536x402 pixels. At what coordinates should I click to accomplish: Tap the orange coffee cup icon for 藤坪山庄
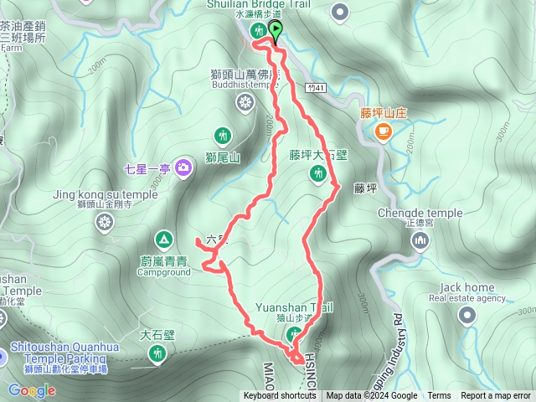[x=383, y=130]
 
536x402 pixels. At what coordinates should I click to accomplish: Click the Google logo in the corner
[x=32, y=390]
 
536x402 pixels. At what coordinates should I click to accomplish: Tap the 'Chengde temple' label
[x=420, y=213]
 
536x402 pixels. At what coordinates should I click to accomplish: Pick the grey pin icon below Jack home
[x=466, y=315]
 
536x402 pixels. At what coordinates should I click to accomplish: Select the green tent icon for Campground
[x=163, y=240]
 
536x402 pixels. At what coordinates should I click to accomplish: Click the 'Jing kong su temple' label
[x=105, y=194]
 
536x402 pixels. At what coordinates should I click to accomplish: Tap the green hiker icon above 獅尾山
[x=222, y=135]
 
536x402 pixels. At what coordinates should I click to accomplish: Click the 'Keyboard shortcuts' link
[x=280, y=395]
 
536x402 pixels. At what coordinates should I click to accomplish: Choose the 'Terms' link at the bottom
[x=439, y=395]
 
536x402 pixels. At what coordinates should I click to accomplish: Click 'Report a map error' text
[x=496, y=395]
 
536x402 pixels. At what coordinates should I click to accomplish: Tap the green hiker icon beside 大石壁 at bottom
[x=157, y=354]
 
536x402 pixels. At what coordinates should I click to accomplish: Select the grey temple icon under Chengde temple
[x=420, y=242]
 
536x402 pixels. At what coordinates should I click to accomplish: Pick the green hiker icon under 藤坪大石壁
[x=317, y=173]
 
